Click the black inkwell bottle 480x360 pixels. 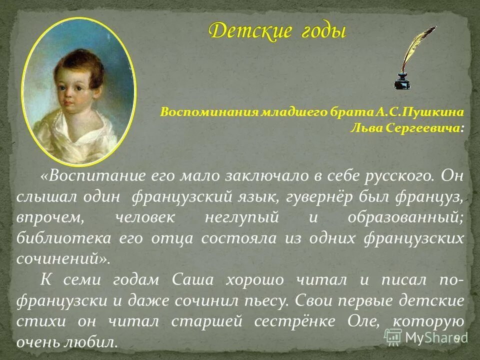point(403,80)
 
